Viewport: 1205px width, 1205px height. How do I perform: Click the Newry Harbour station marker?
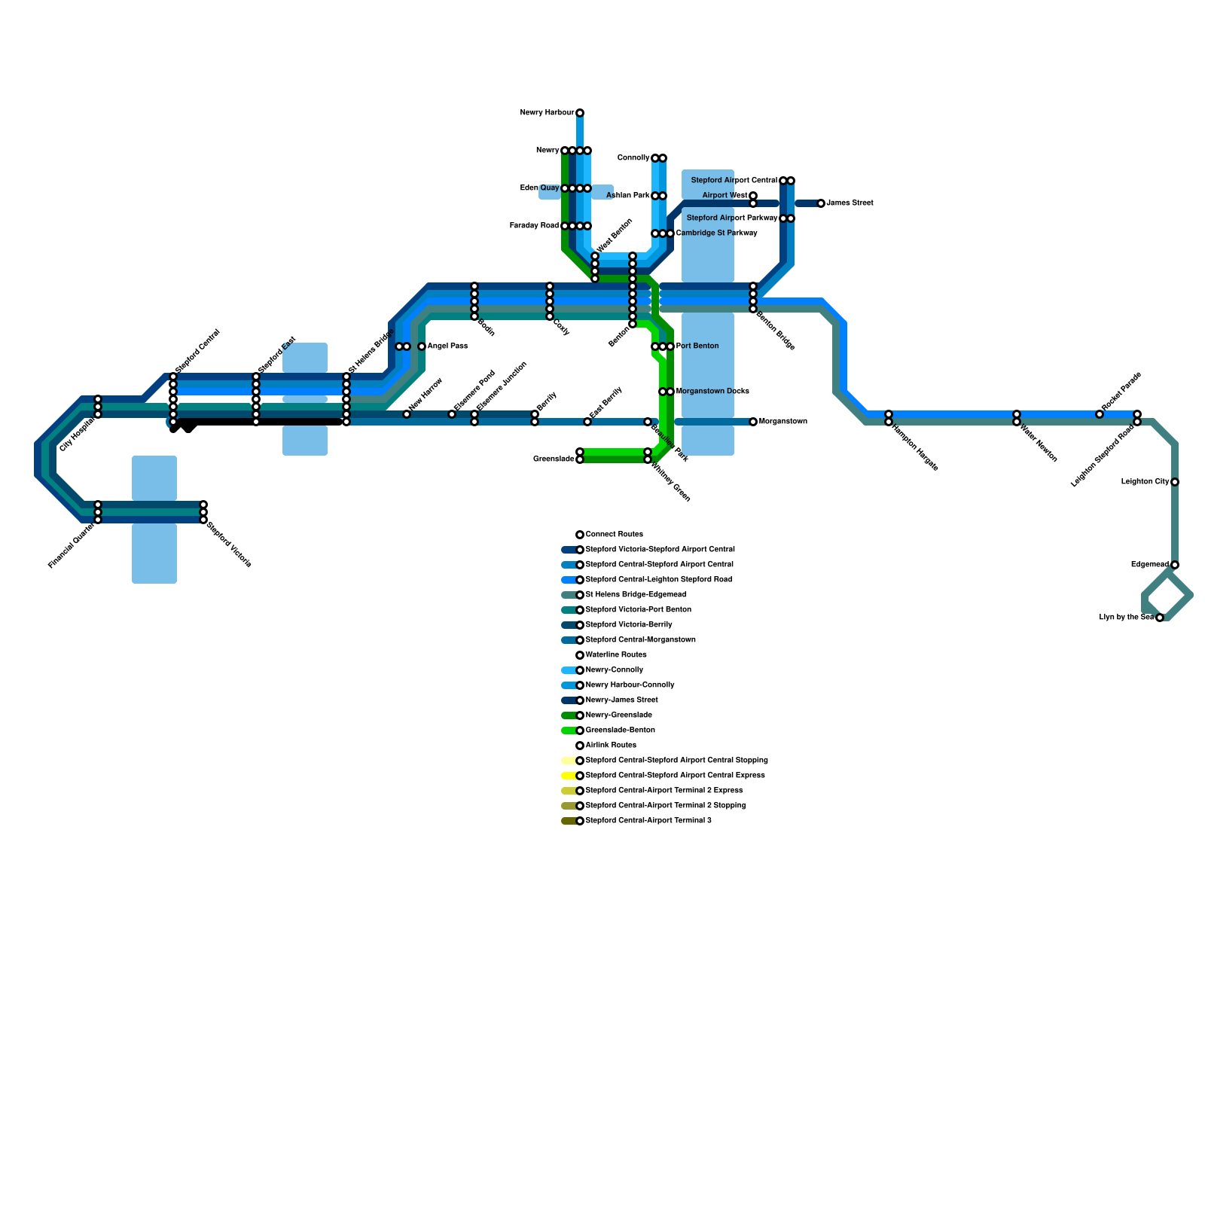point(580,113)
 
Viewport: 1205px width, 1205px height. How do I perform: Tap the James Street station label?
point(850,203)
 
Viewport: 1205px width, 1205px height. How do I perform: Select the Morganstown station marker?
point(753,422)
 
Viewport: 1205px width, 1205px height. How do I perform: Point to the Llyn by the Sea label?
point(1127,618)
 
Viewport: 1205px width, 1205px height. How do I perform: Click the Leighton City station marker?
point(1175,482)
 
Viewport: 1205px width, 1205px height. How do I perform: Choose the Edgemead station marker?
point(1175,565)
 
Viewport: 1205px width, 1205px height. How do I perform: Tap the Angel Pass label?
point(447,346)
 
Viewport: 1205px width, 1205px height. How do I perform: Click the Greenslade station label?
point(554,459)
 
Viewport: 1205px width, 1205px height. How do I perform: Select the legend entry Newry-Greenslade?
point(618,715)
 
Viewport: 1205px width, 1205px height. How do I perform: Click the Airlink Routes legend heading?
point(611,746)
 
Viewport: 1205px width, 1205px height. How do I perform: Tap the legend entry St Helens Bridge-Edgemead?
point(636,595)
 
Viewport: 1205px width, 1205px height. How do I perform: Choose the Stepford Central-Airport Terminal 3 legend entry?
point(648,821)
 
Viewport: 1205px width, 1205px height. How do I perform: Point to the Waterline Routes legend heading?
point(616,655)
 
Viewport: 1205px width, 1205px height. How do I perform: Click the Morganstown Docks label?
point(712,392)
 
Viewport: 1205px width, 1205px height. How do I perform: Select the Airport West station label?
point(725,196)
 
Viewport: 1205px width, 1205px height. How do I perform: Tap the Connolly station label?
point(633,158)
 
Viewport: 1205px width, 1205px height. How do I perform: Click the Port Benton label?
point(697,346)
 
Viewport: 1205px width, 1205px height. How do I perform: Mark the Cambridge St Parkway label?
point(716,233)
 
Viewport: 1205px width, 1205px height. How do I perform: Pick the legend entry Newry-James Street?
point(621,700)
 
